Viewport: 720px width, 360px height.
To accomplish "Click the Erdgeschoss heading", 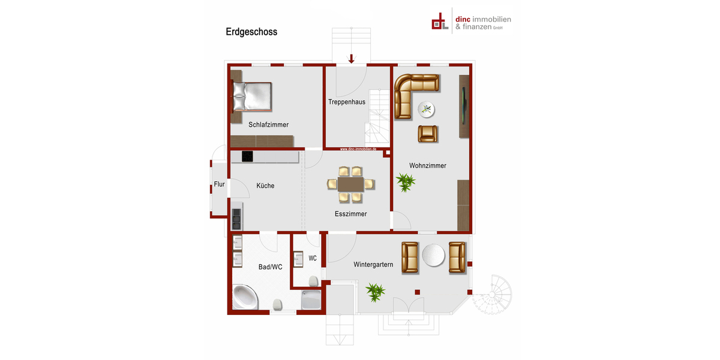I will [251, 32].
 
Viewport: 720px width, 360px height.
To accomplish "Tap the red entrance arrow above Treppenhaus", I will [352, 58].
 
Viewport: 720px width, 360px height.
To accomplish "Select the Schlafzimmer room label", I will [268, 125].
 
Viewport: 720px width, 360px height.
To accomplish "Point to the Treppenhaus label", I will [347, 102].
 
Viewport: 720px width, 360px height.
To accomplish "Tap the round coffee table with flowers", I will [427, 109].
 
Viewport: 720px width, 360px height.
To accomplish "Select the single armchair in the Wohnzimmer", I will [428, 133].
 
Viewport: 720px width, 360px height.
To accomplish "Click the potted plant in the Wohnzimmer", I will [406, 182].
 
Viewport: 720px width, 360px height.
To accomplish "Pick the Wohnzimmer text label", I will [428, 166].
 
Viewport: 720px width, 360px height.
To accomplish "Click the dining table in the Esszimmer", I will [351, 184].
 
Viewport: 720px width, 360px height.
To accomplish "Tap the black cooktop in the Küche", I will [247, 157].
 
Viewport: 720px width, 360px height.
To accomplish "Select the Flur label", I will [219, 184].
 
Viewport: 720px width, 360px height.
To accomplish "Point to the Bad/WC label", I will [270, 267].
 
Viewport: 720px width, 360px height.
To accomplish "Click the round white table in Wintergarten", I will [433, 256].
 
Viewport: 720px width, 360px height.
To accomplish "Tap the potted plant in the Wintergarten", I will [375, 293].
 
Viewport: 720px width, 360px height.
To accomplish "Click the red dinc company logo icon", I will [440, 22].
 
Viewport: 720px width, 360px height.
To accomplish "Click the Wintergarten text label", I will [373, 265].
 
